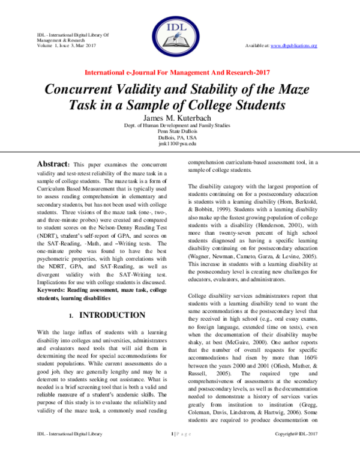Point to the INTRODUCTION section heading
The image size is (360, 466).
pyautogui.click(x=112, y=315)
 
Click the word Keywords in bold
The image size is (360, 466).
pyautogui.click(x=54, y=288)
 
